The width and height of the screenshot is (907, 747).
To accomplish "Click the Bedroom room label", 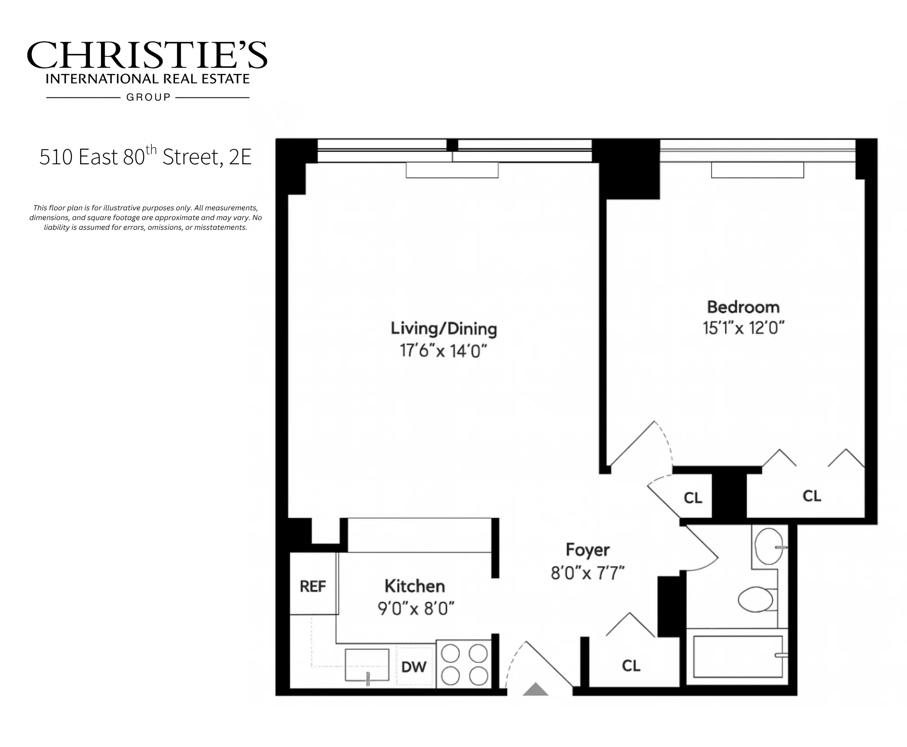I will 743,307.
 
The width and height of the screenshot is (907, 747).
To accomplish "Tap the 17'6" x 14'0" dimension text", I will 443,351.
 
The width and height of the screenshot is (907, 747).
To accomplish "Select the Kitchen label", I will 415,586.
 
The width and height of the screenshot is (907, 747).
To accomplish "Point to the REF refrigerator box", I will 313,586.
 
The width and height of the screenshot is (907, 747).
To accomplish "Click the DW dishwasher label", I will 414,667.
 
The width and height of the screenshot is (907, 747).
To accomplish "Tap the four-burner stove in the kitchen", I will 464,664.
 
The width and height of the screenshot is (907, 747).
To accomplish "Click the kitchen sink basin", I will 367,665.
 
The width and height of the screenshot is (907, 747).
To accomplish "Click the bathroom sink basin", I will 768,546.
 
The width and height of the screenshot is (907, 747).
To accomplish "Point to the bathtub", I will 737,657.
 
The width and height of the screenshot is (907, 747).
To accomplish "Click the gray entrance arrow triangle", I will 535,690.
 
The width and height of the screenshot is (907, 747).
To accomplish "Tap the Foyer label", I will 588,550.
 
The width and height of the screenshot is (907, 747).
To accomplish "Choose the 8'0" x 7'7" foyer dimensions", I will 587,573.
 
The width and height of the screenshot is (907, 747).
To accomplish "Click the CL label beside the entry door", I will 631,666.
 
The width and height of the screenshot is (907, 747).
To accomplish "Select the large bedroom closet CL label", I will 811,496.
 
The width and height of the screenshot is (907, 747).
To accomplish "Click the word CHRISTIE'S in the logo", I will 147,55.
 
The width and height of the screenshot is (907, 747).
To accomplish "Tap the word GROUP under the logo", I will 148,97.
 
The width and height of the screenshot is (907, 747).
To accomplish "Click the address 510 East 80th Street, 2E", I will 145,157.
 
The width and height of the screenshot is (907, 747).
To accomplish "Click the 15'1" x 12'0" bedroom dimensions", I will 743,329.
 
